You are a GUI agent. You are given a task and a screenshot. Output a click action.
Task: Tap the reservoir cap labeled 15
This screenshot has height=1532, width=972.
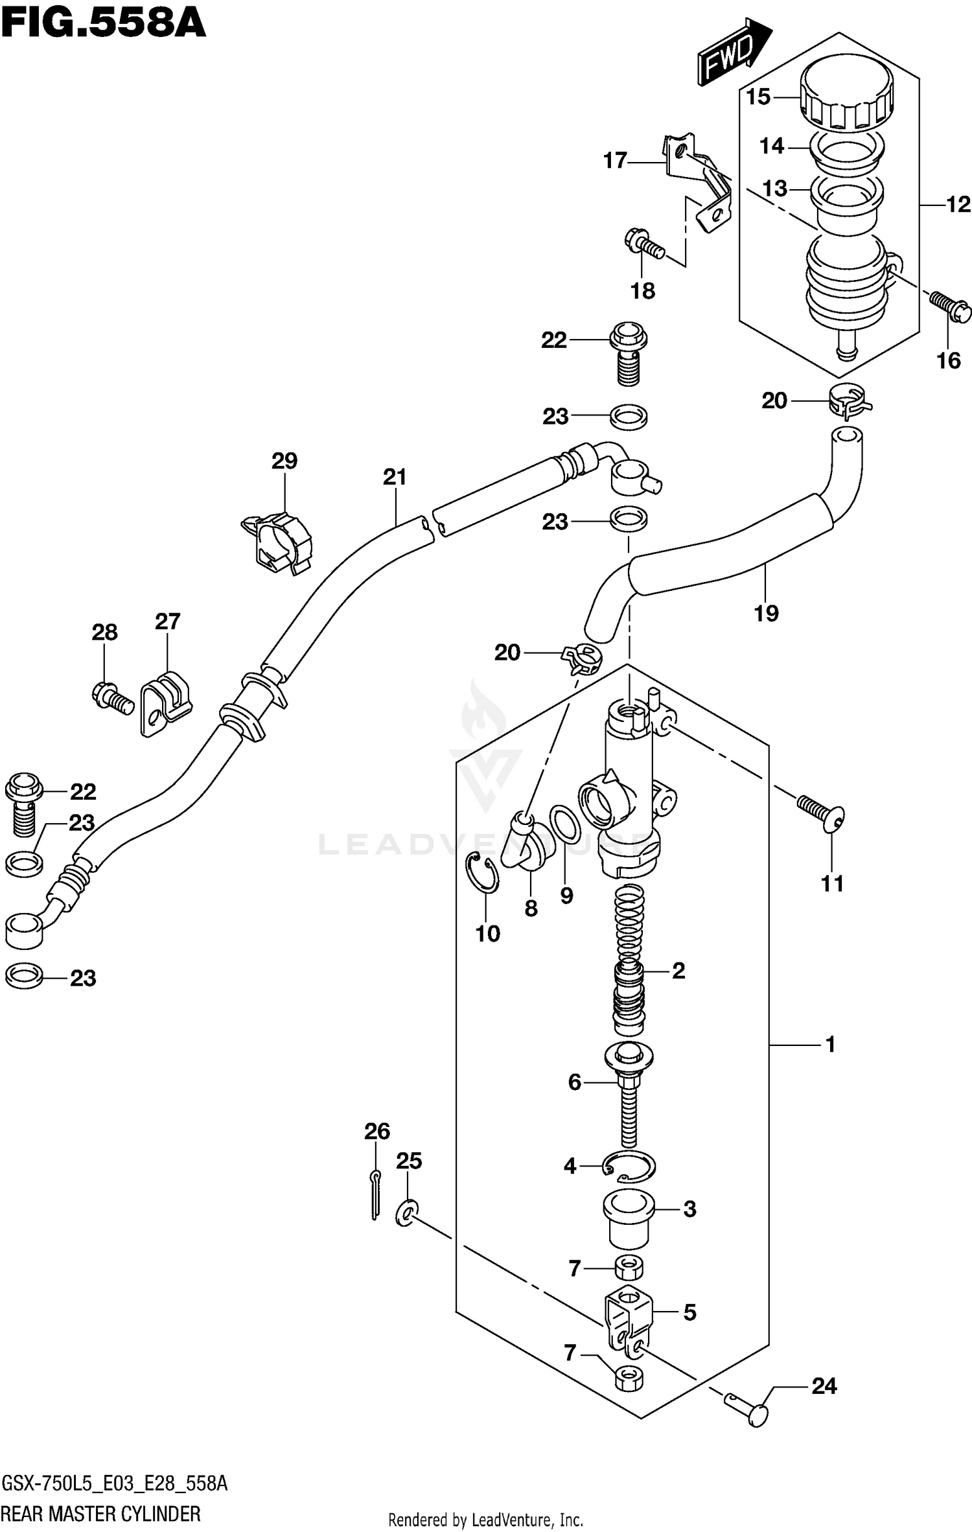[x=846, y=93]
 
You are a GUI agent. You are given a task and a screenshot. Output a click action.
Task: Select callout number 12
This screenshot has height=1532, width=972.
[x=958, y=205]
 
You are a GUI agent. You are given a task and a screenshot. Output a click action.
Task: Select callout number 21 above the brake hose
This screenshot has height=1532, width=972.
[x=394, y=477]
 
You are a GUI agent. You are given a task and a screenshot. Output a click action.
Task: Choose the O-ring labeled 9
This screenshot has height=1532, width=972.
[x=565, y=824]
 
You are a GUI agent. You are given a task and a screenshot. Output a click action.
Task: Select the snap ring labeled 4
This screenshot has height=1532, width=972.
[x=629, y=1167]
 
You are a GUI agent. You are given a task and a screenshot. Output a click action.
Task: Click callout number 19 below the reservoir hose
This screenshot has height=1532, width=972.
[x=765, y=613]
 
